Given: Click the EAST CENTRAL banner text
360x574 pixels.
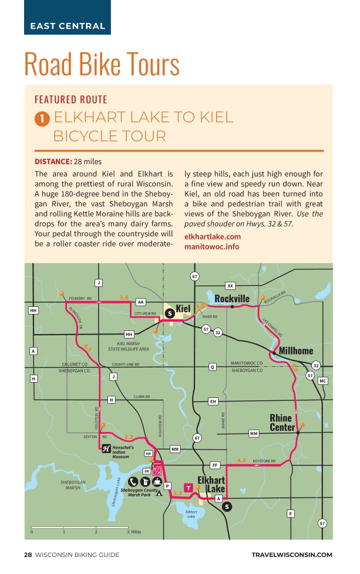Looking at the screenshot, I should coord(68,26).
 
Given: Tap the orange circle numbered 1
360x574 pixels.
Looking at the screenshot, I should coord(42,119).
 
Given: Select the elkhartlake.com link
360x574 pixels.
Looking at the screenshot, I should coord(213,237).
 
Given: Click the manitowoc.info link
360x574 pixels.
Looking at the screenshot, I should coord(211,247).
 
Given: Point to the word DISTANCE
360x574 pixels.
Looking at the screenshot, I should coord(53,161).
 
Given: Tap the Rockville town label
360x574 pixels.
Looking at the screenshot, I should coord(232,299).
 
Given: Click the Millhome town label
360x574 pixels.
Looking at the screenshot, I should coord(296,350).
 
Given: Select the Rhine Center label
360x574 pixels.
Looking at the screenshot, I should coord(282,423).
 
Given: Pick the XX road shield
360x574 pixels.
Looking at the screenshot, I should coord(230,286).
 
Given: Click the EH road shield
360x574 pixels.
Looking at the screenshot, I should coord(213,401).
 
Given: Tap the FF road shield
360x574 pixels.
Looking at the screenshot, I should coord(215,465).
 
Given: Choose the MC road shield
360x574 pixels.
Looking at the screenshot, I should coord(322,381).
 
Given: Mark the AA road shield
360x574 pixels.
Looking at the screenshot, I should coord(140,302).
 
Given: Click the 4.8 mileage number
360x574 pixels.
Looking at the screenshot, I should coord(241,460).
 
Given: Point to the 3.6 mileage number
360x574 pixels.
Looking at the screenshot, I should coord(124,298).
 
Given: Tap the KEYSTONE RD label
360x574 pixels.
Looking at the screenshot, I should coord(264,461).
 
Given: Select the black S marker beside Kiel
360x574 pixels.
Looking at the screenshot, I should coord(170,313).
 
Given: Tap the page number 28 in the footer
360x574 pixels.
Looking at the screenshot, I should coord(28,555).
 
